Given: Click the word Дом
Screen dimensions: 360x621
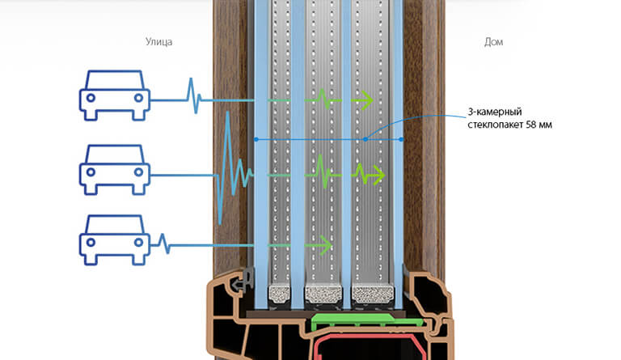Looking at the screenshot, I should (492, 41).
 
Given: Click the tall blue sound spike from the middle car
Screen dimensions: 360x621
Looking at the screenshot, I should (229, 162).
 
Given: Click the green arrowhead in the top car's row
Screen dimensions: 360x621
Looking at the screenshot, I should (365, 100).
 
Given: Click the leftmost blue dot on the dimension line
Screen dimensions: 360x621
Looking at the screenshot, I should (256, 139).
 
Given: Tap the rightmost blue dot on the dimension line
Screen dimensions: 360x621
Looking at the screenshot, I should (403, 139).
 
